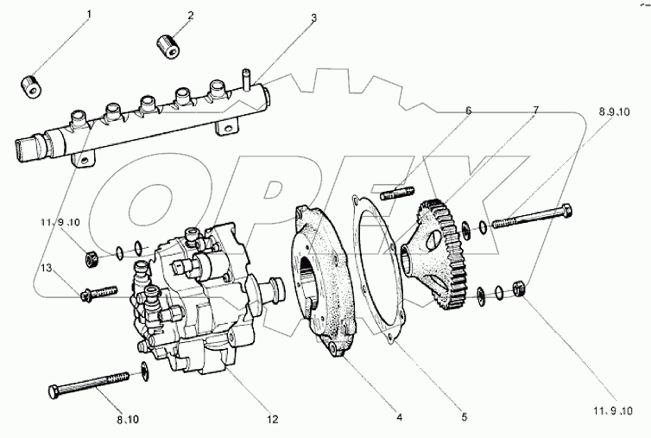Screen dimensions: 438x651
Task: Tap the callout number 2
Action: [191, 15]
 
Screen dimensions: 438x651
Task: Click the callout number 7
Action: [535, 111]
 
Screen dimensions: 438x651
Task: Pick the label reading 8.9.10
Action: [615, 112]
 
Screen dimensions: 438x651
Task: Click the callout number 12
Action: [273, 419]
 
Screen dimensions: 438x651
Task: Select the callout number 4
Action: [400, 418]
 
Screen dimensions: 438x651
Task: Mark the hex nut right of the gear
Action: [520, 289]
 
